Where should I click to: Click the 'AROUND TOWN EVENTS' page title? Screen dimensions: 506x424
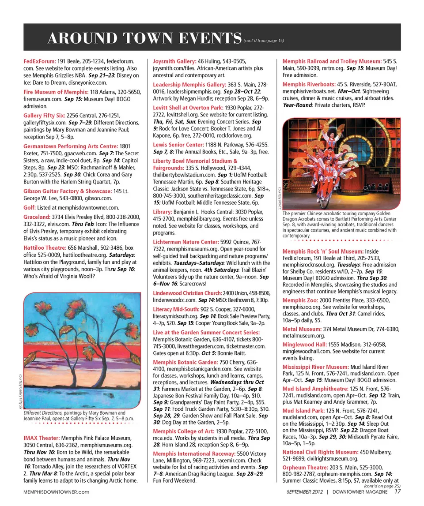click(145, 38)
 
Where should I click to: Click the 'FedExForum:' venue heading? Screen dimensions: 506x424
click(39, 61)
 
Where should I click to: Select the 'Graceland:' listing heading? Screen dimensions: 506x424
click(37, 217)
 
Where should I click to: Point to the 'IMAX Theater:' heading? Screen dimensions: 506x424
click(41, 438)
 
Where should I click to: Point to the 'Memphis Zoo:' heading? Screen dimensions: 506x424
click(300, 300)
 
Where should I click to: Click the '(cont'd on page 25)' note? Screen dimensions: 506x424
click(382, 486)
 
